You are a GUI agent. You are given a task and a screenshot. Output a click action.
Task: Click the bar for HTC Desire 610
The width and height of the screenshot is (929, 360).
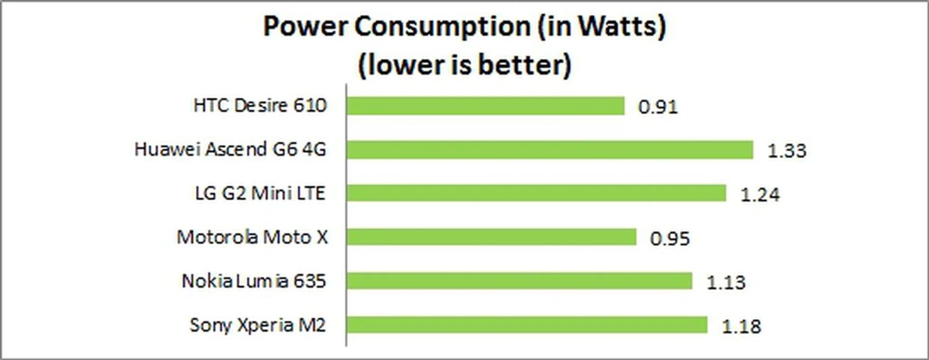coord(485,106)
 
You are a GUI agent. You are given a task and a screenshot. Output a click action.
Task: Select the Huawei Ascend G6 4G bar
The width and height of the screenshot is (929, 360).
coord(550,150)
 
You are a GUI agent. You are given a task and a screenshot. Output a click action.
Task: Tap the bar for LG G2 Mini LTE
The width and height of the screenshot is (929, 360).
coord(536,193)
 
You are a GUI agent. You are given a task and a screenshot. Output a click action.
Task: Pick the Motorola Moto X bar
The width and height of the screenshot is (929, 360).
coord(491,237)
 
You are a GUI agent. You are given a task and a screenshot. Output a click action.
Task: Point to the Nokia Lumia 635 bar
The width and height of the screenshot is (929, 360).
coord(519,281)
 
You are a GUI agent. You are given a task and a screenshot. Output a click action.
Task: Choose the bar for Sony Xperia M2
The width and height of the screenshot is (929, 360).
coord(527,325)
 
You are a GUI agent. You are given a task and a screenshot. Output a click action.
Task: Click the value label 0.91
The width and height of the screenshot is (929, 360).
coord(658,107)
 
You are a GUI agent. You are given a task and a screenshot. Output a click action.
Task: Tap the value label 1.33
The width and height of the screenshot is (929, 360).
coord(787,151)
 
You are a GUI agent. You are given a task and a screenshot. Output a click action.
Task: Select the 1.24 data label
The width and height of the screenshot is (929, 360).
coord(760,195)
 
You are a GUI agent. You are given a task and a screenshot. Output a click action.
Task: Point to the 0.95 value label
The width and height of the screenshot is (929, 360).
coord(670,239)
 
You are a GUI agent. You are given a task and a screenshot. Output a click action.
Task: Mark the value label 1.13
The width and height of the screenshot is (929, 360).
coord(726,283)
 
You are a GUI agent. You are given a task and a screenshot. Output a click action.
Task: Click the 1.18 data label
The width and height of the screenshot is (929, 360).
coord(741,327)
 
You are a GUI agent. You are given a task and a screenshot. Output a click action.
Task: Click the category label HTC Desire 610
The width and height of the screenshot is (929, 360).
coord(260,105)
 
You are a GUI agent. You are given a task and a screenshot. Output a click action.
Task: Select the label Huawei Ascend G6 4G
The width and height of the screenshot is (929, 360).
coord(230,150)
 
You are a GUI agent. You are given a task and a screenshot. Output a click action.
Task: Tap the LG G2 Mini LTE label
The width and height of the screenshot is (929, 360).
coord(260,194)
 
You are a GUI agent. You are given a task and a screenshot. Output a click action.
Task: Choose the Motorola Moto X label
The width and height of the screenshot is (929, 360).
coord(252,237)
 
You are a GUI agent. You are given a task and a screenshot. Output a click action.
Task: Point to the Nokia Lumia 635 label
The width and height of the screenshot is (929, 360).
coord(254,281)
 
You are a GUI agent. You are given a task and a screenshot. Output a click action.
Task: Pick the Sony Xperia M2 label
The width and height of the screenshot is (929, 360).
coord(257,325)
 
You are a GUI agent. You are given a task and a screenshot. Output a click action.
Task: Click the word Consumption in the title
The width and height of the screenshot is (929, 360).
coord(443,26)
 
